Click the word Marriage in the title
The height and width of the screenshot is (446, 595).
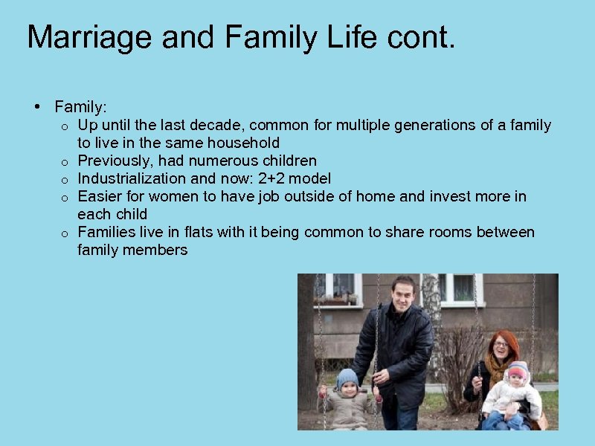pyautogui.click(x=89, y=37)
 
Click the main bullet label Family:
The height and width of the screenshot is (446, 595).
pyautogui.click(x=81, y=107)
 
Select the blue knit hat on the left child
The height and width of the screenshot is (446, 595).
pyautogui.click(x=347, y=378)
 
